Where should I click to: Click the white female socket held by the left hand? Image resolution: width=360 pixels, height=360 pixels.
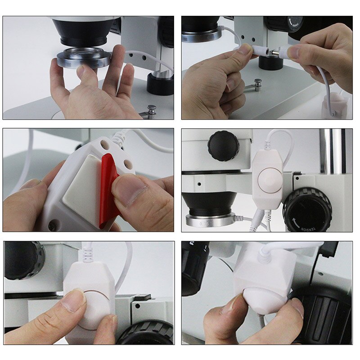pos(259,50)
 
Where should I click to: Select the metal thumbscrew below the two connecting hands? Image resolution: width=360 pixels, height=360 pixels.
pos(258,84)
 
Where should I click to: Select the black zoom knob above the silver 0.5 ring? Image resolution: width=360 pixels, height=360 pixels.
pos(223,145)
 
